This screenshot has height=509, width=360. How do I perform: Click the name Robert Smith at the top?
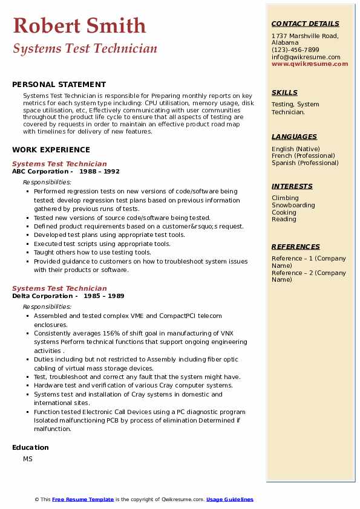pyautogui.click(x=79, y=25)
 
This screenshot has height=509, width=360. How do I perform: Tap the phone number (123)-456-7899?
pyautogui.click(x=295, y=50)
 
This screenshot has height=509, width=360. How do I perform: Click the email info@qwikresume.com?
pyautogui.click(x=306, y=57)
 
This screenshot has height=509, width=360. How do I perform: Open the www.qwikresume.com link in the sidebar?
pyautogui.click(x=310, y=63)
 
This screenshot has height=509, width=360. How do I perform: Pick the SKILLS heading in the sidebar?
pyautogui.click(x=284, y=92)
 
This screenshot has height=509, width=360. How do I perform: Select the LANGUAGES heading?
pyautogui.click(x=294, y=137)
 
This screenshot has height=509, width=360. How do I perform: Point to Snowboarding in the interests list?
pyautogui.click(x=293, y=206)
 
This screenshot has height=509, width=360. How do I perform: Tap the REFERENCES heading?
pyautogui.click(x=296, y=247)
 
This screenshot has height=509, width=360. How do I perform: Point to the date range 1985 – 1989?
pyautogui.click(x=103, y=296)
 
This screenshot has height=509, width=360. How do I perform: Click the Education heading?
pyautogui.click(x=30, y=447)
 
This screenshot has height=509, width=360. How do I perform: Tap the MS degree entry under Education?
pyautogui.click(x=28, y=459)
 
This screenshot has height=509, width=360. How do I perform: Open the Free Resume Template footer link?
pyautogui.click(x=83, y=499)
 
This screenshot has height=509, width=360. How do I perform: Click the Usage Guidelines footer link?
pyautogui.click(x=229, y=499)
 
